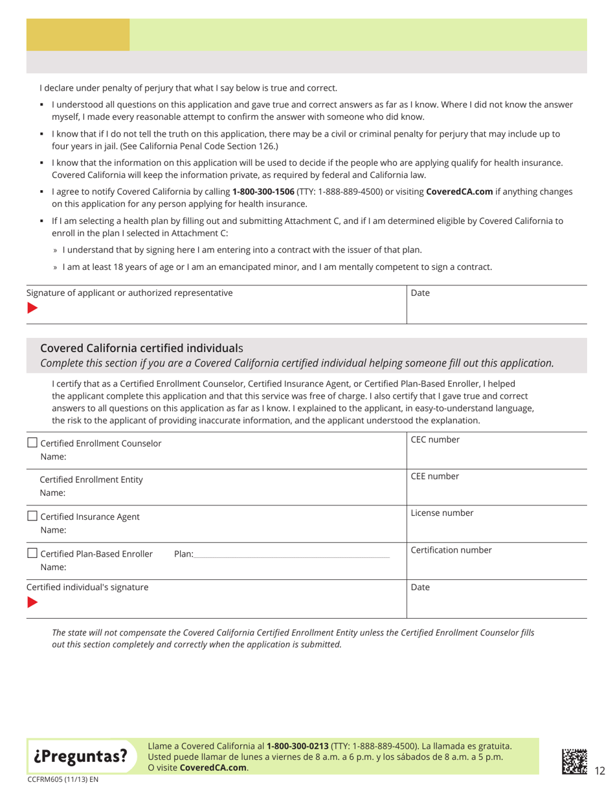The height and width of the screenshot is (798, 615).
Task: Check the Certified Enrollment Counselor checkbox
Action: point(32,443)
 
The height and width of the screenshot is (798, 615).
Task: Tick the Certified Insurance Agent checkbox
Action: point(32,516)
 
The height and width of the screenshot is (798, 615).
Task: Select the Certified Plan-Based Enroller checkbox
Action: point(32,553)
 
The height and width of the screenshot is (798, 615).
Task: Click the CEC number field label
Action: point(435,439)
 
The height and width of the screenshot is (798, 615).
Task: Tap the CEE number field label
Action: point(435,476)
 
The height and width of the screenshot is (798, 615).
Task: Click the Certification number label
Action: point(451,550)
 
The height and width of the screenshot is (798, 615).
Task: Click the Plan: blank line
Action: point(291,555)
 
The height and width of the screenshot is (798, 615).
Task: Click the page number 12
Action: point(599,770)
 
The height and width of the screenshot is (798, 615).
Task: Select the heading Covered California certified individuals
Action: point(141,348)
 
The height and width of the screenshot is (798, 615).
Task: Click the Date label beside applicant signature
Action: point(421,293)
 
